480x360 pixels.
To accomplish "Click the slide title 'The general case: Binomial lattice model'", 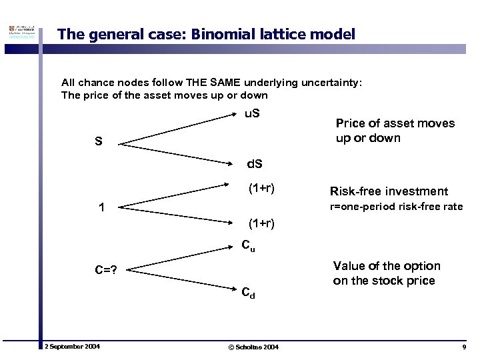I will [x=206, y=34].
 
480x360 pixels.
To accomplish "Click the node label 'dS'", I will [x=255, y=163].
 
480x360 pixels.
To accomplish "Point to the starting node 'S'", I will [x=98, y=142].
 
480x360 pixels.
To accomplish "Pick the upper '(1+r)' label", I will [x=262, y=188].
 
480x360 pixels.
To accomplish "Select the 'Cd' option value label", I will [x=248, y=292].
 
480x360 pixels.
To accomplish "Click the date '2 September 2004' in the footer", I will [x=72, y=347].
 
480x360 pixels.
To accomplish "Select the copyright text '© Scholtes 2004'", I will [x=253, y=347].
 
